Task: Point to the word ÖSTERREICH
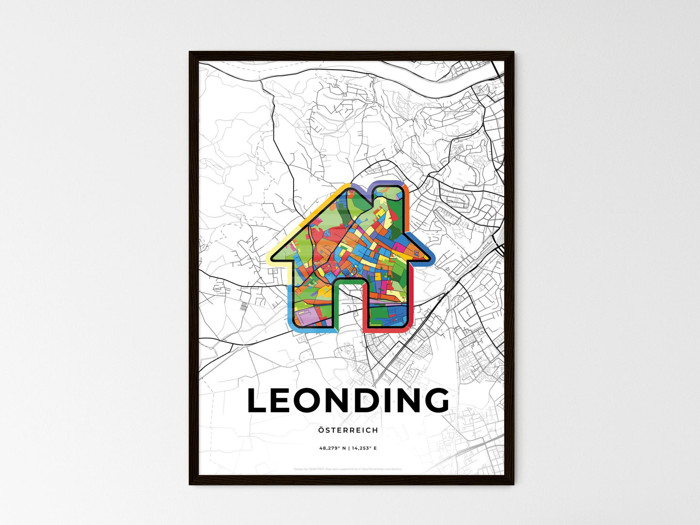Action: [x=348, y=430]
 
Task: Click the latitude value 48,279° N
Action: [x=332, y=448]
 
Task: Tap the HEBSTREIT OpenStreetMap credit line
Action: [x=348, y=469]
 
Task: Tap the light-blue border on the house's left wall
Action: [x=290, y=300]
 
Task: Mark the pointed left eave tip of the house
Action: [x=268, y=259]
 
